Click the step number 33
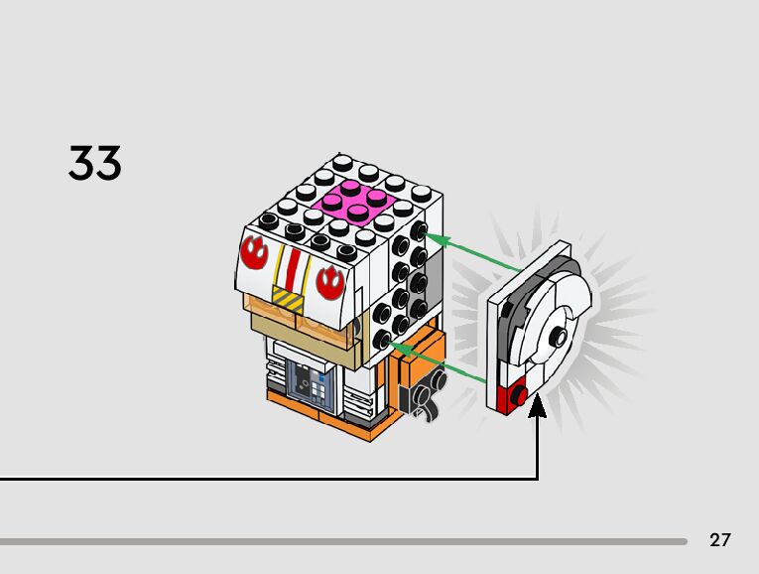pos(95,163)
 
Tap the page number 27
pos(720,540)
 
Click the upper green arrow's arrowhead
pos(434,238)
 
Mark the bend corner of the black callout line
pos(537,479)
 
